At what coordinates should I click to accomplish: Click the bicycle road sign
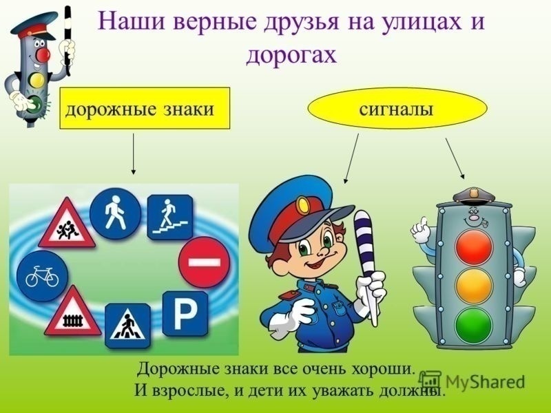(x=42, y=276)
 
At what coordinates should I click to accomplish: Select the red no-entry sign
(x=204, y=262)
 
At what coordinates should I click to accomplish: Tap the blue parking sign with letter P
(x=185, y=314)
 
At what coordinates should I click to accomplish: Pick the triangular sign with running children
(x=67, y=224)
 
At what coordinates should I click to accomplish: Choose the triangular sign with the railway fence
(x=72, y=312)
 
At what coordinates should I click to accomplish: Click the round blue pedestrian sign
(x=115, y=213)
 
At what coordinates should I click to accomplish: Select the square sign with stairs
(x=170, y=218)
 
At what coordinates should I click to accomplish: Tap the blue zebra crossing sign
(x=128, y=326)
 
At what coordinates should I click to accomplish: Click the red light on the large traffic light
(x=474, y=247)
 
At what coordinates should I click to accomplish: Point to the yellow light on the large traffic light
(x=474, y=286)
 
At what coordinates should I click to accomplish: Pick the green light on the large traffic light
(x=474, y=325)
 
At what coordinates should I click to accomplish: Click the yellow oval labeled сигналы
(x=397, y=109)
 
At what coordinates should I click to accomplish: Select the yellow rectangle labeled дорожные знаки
(x=145, y=108)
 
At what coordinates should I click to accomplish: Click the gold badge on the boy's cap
(x=302, y=206)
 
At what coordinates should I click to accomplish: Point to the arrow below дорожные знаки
(x=133, y=153)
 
